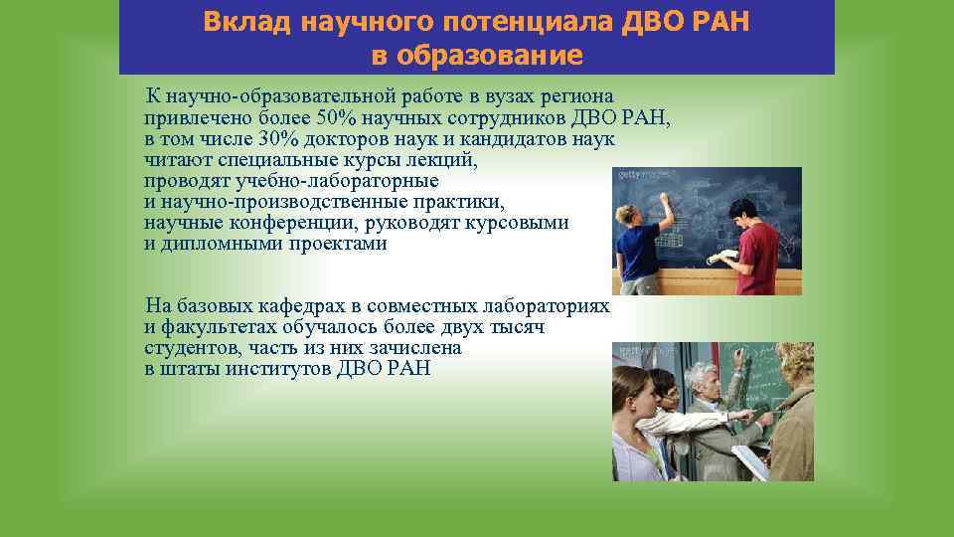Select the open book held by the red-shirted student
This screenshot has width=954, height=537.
722,257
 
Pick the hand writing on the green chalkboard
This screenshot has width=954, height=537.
737,354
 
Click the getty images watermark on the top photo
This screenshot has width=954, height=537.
636,175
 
